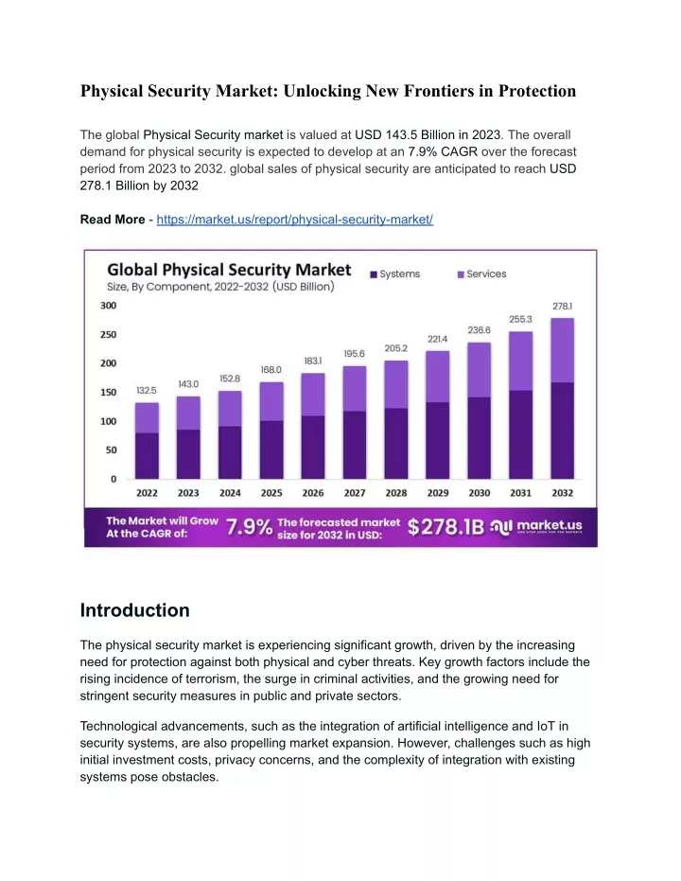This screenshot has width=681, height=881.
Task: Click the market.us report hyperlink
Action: point(295,220)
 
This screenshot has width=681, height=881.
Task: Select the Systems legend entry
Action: point(394,274)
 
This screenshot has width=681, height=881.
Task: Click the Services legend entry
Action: point(481,274)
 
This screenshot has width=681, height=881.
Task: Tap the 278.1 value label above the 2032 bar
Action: point(562,307)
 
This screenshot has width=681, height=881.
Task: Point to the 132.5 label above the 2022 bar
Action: point(147,391)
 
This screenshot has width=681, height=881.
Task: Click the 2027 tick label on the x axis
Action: point(355,493)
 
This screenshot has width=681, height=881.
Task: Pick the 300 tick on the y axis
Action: point(109,306)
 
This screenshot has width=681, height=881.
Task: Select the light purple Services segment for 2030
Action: point(479,370)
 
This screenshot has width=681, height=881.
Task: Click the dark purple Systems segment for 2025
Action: point(271,449)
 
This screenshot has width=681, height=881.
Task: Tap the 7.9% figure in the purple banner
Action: point(249,527)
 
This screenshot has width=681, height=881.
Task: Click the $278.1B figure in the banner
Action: point(445,527)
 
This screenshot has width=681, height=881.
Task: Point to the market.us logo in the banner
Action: point(536,526)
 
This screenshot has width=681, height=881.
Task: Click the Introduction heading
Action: point(134,610)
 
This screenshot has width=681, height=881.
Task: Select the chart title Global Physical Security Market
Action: point(229,270)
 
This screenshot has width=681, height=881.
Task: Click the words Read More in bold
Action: point(113,220)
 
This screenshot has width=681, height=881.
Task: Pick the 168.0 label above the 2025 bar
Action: point(271,370)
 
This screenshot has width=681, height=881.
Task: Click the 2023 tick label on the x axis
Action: point(188,493)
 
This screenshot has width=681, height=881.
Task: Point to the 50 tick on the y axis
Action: point(112,450)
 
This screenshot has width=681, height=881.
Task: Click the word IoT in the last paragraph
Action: point(546,726)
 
